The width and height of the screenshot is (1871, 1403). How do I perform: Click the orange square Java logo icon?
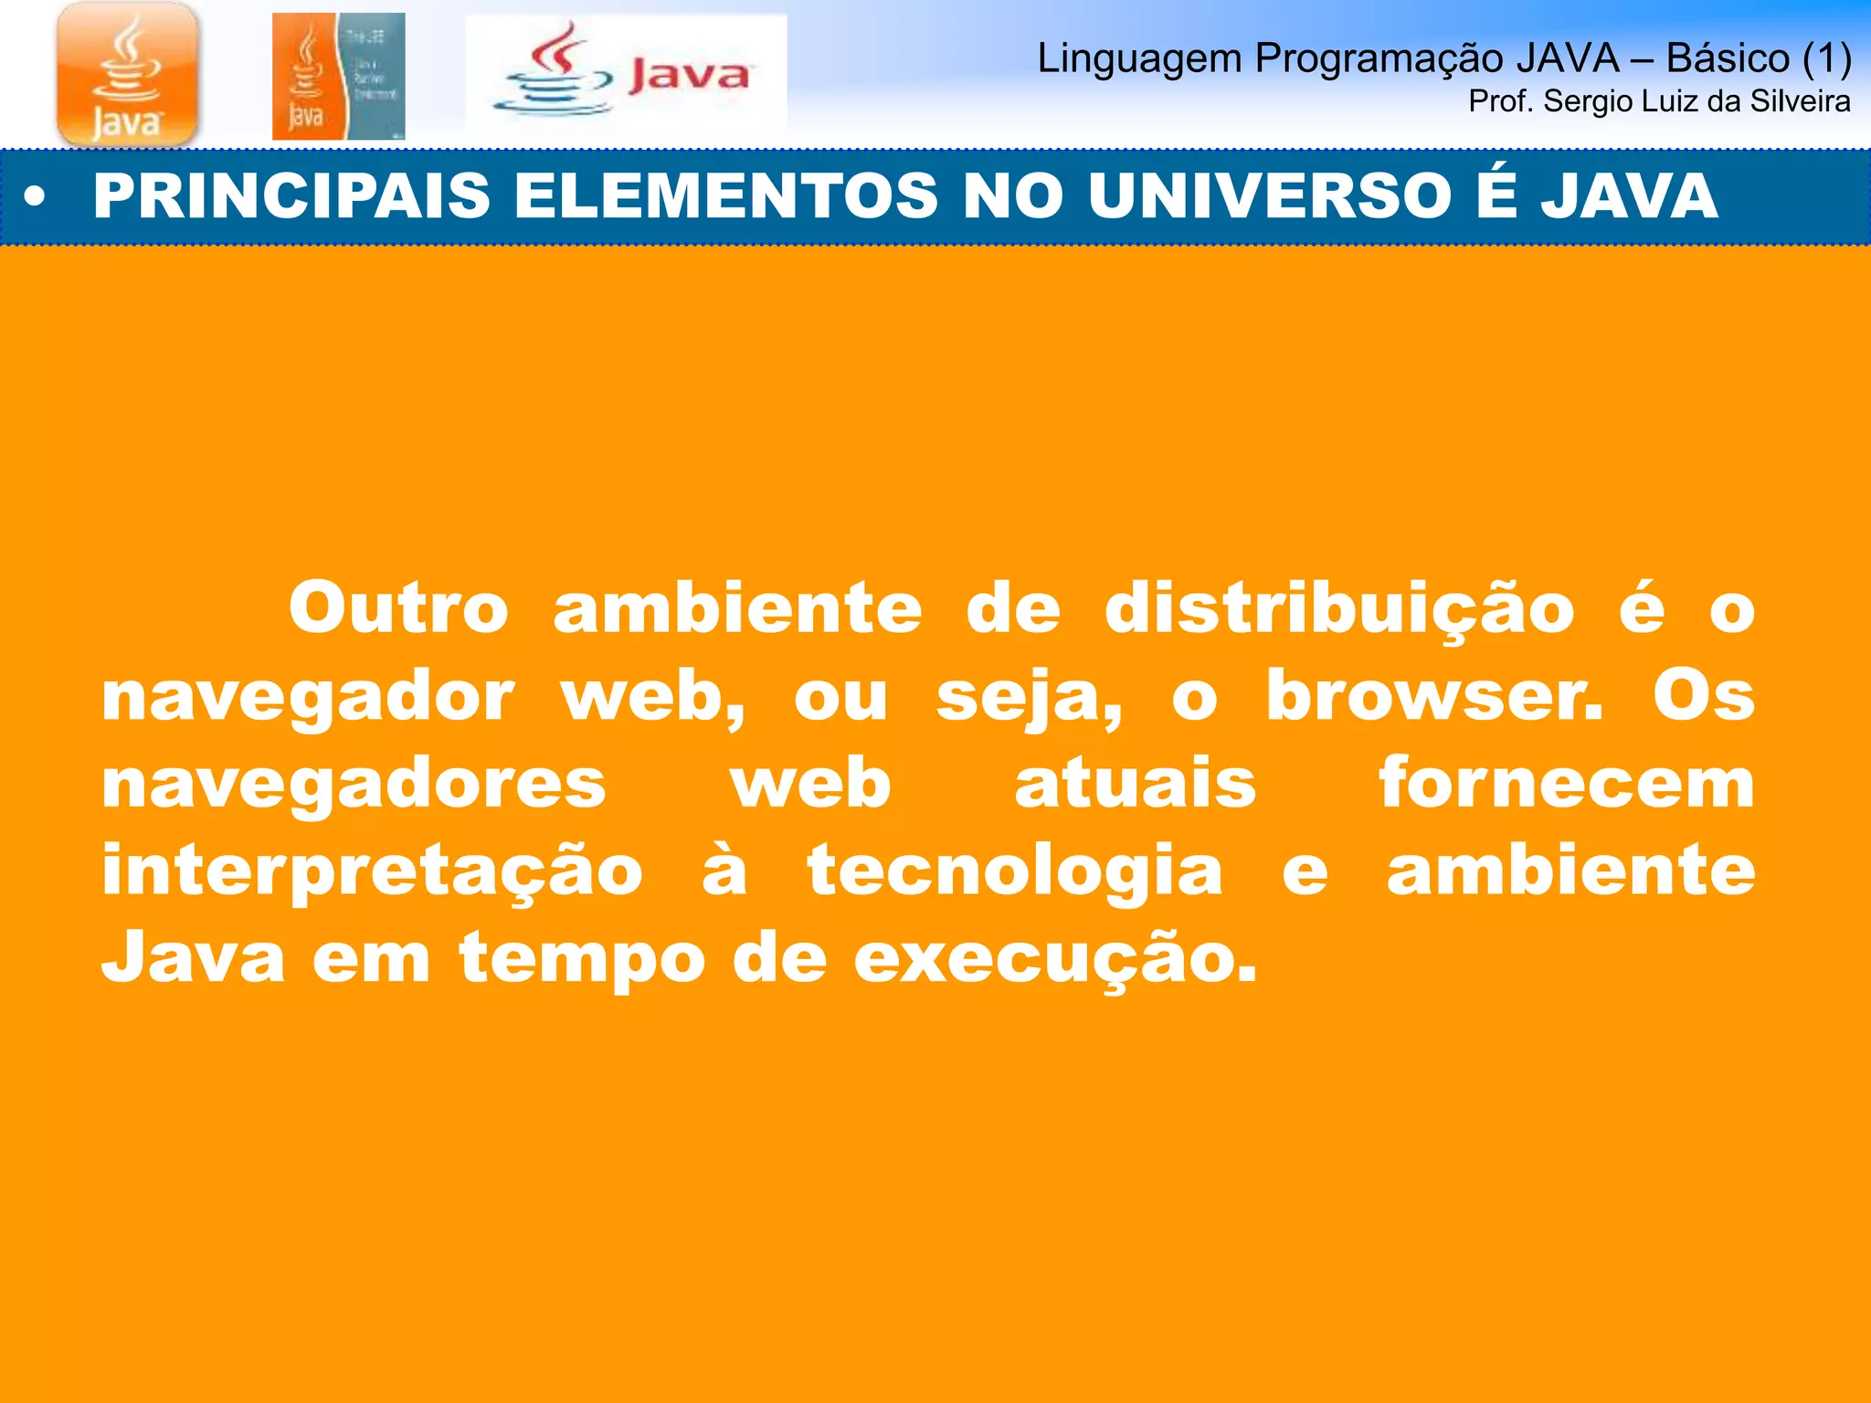127,74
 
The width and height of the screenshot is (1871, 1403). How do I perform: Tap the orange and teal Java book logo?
338,77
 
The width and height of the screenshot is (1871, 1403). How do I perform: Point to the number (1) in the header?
1826,58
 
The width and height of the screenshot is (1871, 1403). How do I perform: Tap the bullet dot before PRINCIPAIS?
35,197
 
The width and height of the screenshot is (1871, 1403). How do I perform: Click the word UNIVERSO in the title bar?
1274,196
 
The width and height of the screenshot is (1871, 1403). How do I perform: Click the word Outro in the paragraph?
398,609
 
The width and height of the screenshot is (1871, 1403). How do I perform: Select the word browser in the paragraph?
1433,697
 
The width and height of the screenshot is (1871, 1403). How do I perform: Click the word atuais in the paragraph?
1136,783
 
